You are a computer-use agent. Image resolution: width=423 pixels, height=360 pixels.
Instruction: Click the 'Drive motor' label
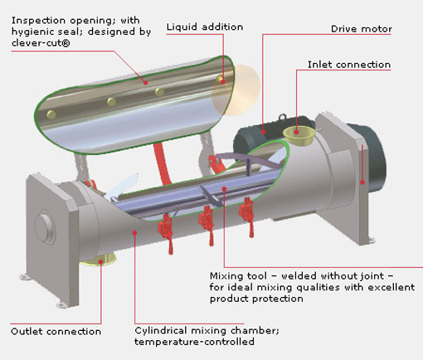(x=361, y=30)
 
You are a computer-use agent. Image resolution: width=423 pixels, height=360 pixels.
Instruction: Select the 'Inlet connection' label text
(x=349, y=65)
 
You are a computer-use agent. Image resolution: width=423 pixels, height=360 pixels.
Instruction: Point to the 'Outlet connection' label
(x=56, y=332)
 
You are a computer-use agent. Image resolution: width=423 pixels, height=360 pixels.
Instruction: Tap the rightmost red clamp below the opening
(x=246, y=218)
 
